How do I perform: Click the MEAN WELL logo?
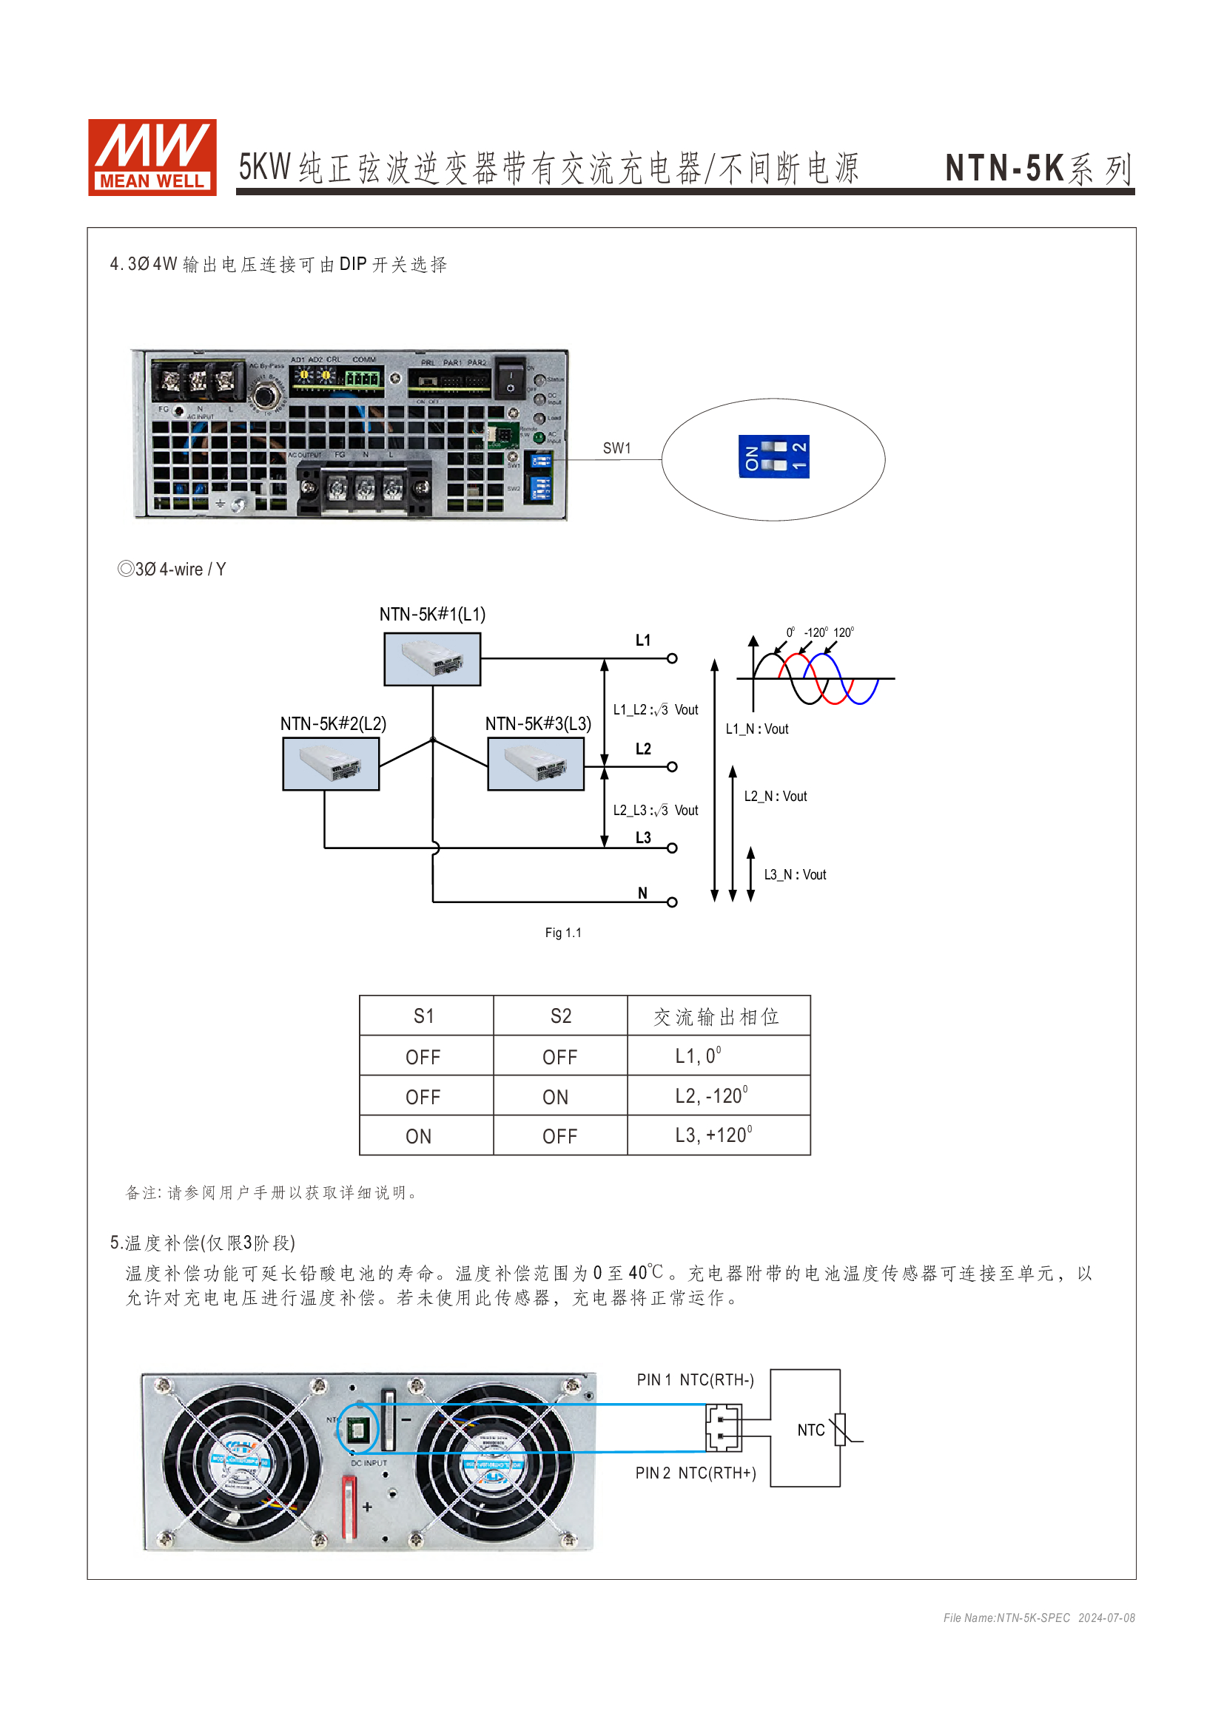tap(152, 157)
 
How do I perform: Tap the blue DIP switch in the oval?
tap(773, 456)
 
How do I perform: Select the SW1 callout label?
tap(616, 448)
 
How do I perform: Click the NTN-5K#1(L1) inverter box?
tap(432, 659)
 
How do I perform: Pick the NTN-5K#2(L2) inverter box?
tap(331, 764)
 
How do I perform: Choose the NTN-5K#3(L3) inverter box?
tap(536, 764)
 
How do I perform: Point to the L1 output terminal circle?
tap(672, 658)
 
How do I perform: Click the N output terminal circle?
tap(672, 902)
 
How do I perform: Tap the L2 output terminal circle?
tap(672, 767)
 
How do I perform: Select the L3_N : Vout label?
tap(795, 875)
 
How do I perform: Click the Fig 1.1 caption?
tap(563, 933)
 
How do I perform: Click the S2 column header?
tap(561, 1016)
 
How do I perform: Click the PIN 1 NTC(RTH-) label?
tap(695, 1379)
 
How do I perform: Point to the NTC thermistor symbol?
tap(843, 1430)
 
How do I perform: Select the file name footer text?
tap(1038, 1618)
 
